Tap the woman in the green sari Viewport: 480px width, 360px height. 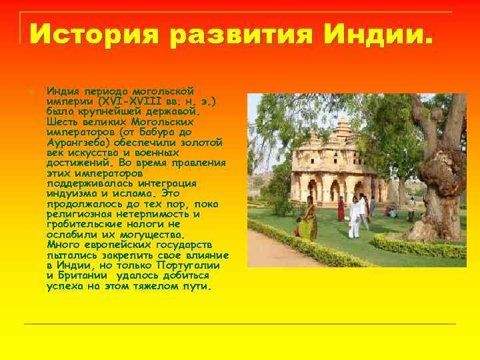click(x=307, y=219)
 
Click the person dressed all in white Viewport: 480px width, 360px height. click(x=355, y=216)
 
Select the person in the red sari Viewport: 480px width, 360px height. click(x=341, y=209)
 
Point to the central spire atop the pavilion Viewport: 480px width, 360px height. click(x=343, y=123)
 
